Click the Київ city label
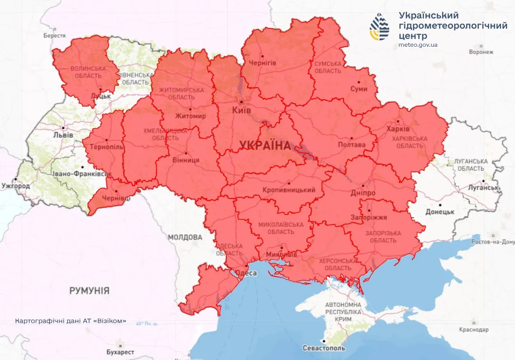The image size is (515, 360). click(241, 111)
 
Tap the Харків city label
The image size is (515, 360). click(398, 129)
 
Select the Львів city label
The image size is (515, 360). click(63, 135)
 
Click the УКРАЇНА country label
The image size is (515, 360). click(265, 145)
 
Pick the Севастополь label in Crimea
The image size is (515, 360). click(324, 348)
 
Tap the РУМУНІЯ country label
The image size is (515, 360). click(89, 291)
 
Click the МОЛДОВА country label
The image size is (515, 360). click(185, 237)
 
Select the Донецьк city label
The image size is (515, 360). click(440, 212)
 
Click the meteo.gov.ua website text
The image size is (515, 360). click(418, 45)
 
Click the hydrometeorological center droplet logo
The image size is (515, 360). click(380, 27)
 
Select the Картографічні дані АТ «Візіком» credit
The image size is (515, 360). click(71, 320)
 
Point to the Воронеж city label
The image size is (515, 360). click(481, 52)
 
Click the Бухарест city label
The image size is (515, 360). click(121, 352)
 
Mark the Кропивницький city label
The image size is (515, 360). click(289, 190)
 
